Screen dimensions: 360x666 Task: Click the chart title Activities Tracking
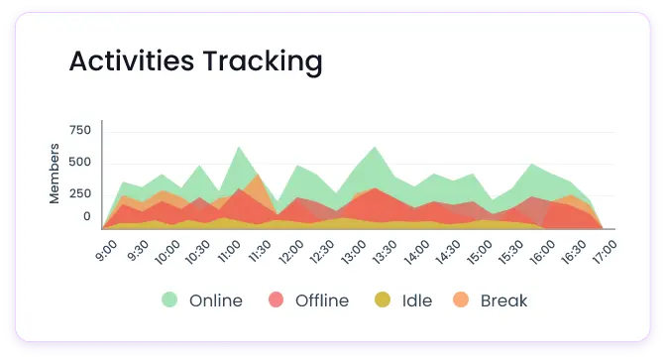(195, 61)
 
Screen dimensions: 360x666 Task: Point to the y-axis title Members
(55, 174)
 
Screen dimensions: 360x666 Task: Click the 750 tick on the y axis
(80, 130)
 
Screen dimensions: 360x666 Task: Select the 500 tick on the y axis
(80, 163)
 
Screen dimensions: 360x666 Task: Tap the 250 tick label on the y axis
(80, 194)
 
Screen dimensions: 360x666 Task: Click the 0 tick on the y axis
(86, 216)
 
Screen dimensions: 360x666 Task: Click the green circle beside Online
(170, 300)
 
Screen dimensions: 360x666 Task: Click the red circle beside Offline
(277, 300)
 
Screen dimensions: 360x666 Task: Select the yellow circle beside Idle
(384, 300)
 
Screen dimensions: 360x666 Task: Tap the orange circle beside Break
(462, 300)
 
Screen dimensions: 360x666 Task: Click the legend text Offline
(321, 300)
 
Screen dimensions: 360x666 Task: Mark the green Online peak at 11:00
(238, 148)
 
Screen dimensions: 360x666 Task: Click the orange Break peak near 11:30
(257, 177)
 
